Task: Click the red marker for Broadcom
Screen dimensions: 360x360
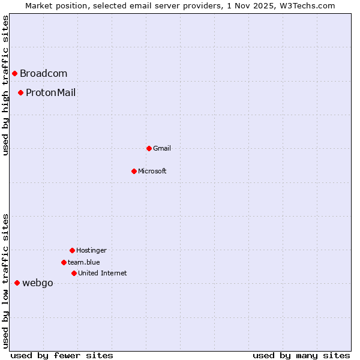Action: [14, 74]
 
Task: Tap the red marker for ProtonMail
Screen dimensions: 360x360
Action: [20, 92]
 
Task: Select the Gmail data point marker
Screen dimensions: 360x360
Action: [149, 148]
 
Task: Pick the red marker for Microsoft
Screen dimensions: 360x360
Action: [134, 171]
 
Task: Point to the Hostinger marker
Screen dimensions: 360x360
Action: [72, 250]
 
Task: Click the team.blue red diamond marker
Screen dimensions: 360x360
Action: [64, 262]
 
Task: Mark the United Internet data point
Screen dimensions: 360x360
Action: [74, 273]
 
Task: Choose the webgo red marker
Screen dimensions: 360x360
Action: [17, 283]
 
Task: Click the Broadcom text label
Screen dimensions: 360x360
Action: [43, 74]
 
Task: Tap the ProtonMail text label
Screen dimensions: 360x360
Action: [50, 92]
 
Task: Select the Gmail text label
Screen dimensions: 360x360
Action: [162, 148]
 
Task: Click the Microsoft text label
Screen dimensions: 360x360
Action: [152, 171]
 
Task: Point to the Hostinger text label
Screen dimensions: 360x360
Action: [91, 250]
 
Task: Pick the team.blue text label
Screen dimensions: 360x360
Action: [84, 262]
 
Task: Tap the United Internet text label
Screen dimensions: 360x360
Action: [103, 273]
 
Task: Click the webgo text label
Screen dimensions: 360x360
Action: [37, 283]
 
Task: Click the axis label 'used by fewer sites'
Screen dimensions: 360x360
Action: [62, 355]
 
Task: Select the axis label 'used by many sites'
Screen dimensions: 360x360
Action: [301, 355]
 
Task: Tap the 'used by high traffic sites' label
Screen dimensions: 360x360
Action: [5, 85]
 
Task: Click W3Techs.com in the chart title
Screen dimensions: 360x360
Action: [307, 5]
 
